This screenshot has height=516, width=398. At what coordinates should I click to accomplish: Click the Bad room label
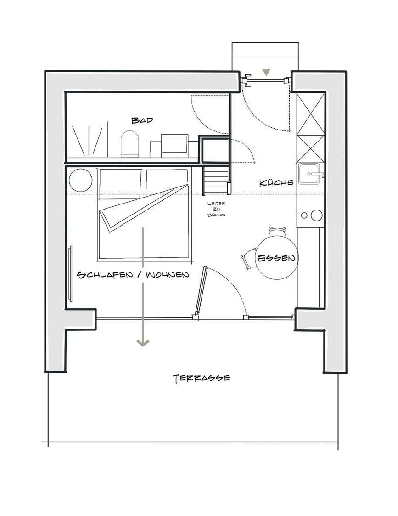[x=142, y=120]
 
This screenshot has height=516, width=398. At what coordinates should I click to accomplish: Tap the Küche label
[x=276, y=182]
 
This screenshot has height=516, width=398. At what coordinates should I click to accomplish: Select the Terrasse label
[x=201, y=379]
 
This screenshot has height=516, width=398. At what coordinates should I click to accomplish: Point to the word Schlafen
[x=105, y=274]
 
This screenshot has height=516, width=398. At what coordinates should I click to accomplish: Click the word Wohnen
[x=168, y=274]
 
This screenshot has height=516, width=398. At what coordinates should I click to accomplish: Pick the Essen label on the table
[x=276, y=258]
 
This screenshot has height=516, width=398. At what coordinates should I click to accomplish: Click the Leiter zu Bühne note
[x=216, y=210]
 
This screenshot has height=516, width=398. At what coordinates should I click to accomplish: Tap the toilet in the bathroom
[x=130, y=144]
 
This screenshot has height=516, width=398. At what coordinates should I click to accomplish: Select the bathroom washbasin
[x=174, y=143]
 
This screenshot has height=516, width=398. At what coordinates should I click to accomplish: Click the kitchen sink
[x=310, y=174]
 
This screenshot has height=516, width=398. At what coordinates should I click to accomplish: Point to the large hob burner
[x=317, y=215]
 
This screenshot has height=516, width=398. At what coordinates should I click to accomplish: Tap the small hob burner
[x=304, y=215]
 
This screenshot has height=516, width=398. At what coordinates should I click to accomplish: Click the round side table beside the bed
[x=81, y=180]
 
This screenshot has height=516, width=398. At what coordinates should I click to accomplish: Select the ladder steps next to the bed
[x=216, y=180]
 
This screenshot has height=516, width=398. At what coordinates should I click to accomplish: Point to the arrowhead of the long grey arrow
[x=143, y=343]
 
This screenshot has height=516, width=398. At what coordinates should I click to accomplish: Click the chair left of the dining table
[x=249, y=259]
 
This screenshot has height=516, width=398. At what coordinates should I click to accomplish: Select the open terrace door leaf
[x=201, y=291]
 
